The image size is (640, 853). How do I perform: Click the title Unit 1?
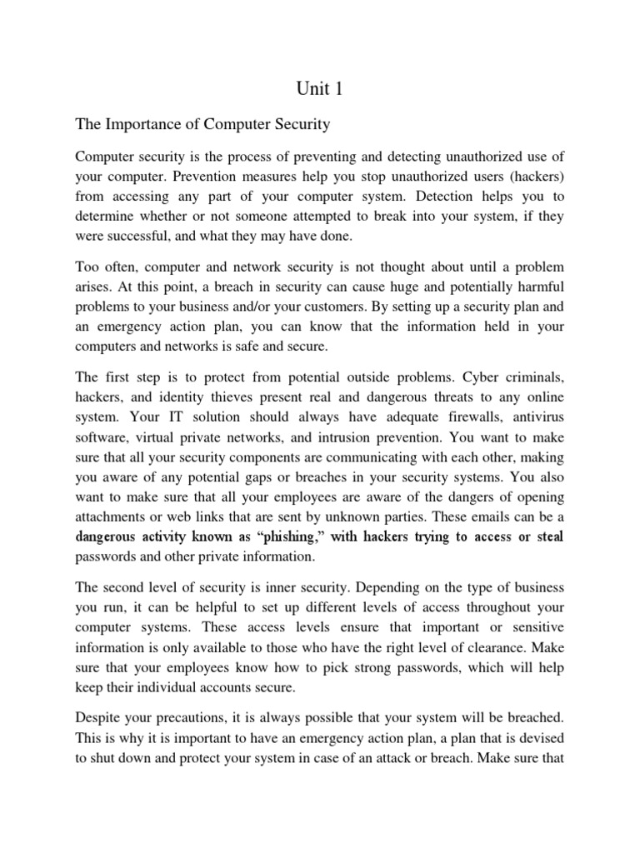click(x=319, y=87)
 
